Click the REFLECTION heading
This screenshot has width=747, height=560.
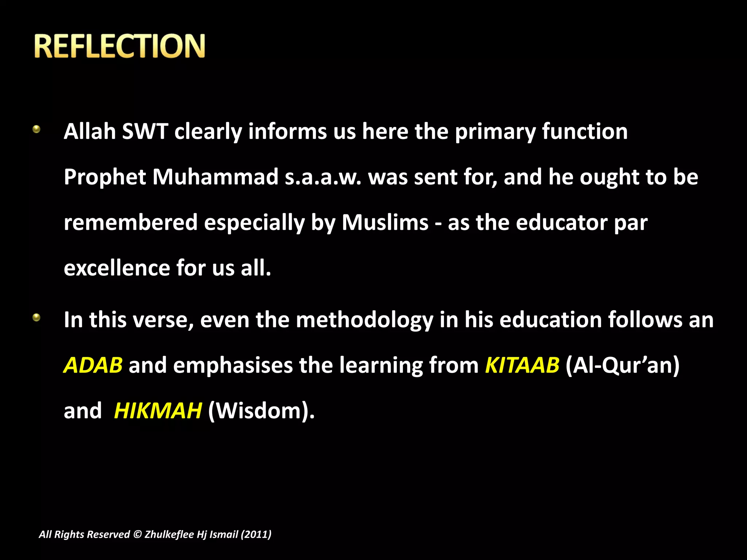(120, 46)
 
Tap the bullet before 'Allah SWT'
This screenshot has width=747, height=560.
(36, 129)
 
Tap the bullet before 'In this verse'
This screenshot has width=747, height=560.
(36, 318)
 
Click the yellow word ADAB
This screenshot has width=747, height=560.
(93, 365)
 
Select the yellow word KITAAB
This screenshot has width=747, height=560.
(522, 365)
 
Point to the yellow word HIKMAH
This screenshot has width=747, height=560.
(158, 411)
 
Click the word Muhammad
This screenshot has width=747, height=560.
(215, 177)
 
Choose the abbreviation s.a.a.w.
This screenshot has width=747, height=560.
(323, 178)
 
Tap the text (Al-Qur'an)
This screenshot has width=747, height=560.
(622, 365)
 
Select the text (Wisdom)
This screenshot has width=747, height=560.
(260, 411)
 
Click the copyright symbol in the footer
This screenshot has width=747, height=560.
(137, 534)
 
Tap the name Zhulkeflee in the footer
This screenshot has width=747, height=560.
(169, 534)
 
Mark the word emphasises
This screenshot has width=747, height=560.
(233, 366)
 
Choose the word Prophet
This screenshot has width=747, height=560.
(105, 178)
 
